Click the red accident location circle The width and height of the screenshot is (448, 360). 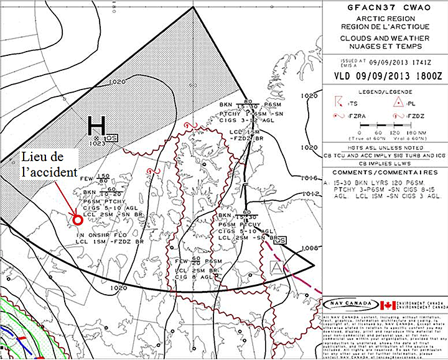78,219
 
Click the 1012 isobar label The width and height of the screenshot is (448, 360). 309,194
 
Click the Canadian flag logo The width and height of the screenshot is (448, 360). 388,305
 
